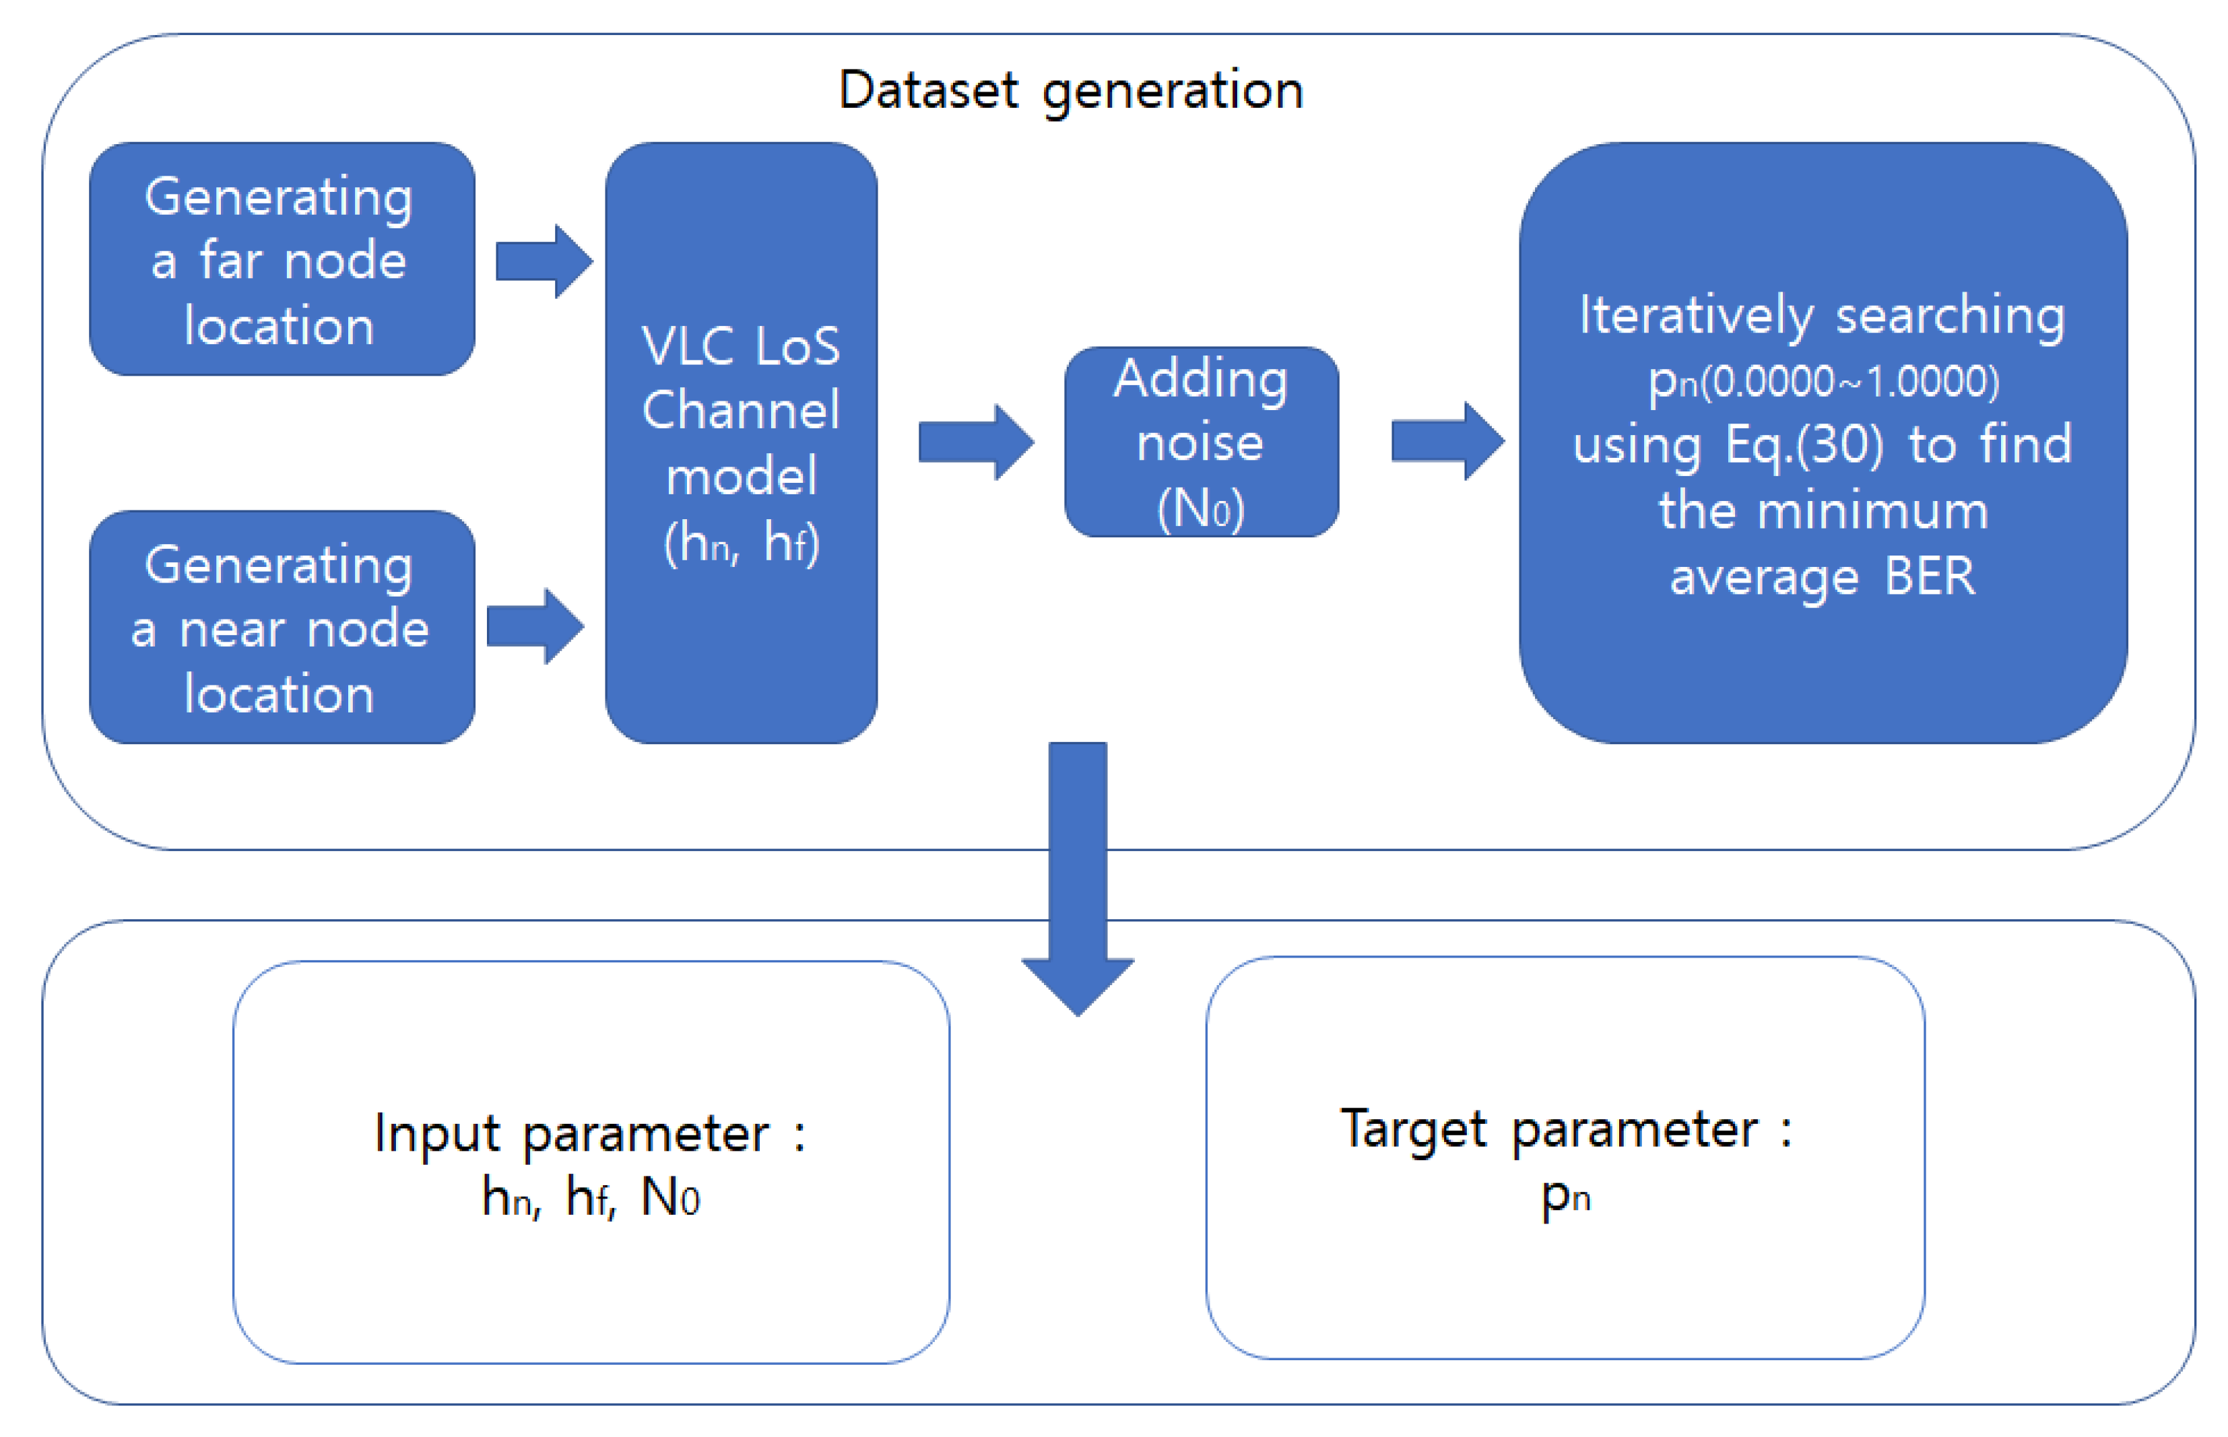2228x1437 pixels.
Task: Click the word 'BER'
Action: click(x=1930, y=576)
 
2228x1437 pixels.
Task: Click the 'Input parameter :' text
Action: click(x=590, y=1134)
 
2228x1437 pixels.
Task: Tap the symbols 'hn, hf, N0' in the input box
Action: click(x=590, y=1197)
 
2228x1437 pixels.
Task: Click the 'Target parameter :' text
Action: click(x=1565, y=1129)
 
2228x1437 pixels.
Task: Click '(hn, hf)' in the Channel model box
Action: click(x=741, y=543)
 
